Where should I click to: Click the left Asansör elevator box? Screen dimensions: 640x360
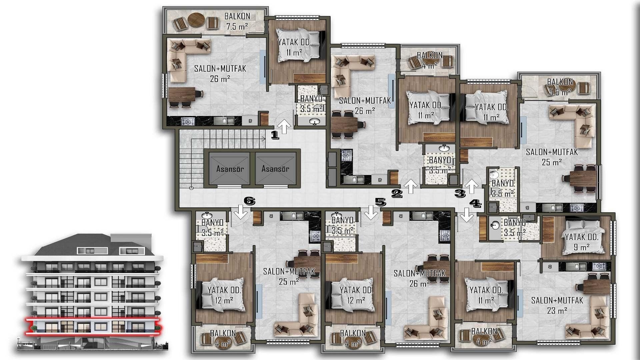pos(229,169)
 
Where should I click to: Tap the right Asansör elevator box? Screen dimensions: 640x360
pos(275,169)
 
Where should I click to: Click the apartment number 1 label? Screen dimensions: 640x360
pos(275,135)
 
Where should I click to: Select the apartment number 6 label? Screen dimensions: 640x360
pos(250,201)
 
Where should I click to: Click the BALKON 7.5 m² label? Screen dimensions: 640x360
pos(237,21)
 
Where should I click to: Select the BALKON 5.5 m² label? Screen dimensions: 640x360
pos(560,87)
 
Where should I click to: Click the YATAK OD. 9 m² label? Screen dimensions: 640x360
pos(582,242)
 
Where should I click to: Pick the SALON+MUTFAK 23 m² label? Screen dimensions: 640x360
pos(557,305)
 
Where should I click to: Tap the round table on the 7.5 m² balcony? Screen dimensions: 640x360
pos(196,20)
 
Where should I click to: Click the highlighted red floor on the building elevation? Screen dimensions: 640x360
pos(93,326)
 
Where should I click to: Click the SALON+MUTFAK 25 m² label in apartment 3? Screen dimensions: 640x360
pos(552,157)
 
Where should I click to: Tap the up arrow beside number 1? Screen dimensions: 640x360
pos(284,127)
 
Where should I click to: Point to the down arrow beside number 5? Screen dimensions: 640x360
pos(370,212)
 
